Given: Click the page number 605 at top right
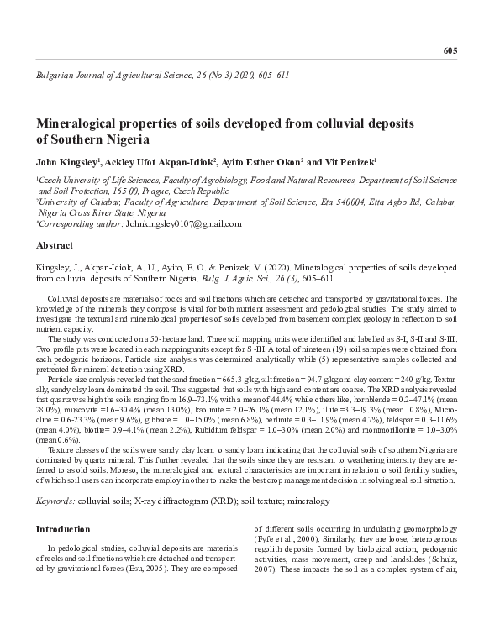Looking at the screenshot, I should (449, 51).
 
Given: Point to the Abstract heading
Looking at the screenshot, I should (55, 247).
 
